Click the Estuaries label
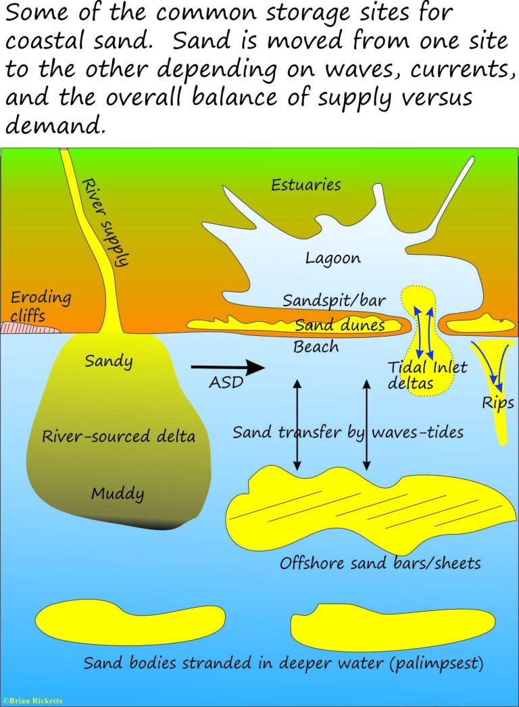[305, 185]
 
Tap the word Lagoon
[333, 258]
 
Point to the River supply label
[105, 222]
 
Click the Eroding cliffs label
[41, 306]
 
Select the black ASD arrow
[228, 367]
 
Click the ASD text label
[226, 383]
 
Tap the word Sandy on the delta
[109, 361]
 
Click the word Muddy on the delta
[118, 493]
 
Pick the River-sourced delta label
[118, 436]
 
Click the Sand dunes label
[340, 324]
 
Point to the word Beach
[316, 347]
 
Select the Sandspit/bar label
[334, 300]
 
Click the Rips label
[498, 403]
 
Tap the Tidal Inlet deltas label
[427, 375]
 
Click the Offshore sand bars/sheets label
[380, 563]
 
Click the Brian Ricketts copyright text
[32, 701]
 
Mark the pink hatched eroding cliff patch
[28, 327]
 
